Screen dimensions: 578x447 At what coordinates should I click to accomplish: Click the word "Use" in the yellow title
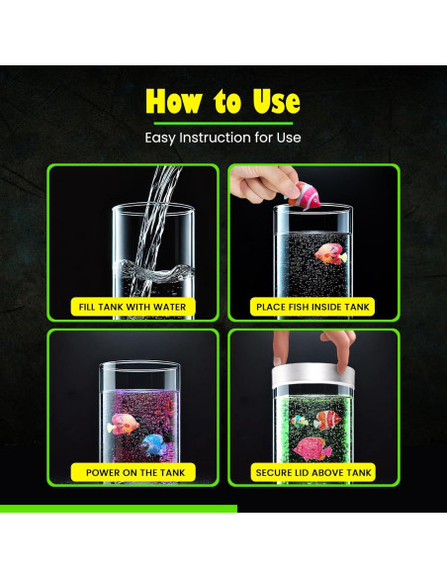274,101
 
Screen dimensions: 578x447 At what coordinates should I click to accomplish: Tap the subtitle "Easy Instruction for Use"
223,138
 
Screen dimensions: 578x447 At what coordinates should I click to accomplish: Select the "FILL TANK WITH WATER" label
132,307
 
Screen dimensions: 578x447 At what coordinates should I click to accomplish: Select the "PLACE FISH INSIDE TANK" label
313,307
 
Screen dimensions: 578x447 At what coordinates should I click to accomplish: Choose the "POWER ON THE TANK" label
132,472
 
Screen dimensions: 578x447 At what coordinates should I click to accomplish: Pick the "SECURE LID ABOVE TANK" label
313,472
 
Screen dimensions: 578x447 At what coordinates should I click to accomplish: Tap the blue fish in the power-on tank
154,443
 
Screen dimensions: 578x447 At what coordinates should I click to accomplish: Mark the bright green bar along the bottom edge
119,509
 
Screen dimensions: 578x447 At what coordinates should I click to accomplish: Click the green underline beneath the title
223,123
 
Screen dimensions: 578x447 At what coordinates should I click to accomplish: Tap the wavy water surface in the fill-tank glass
152,269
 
